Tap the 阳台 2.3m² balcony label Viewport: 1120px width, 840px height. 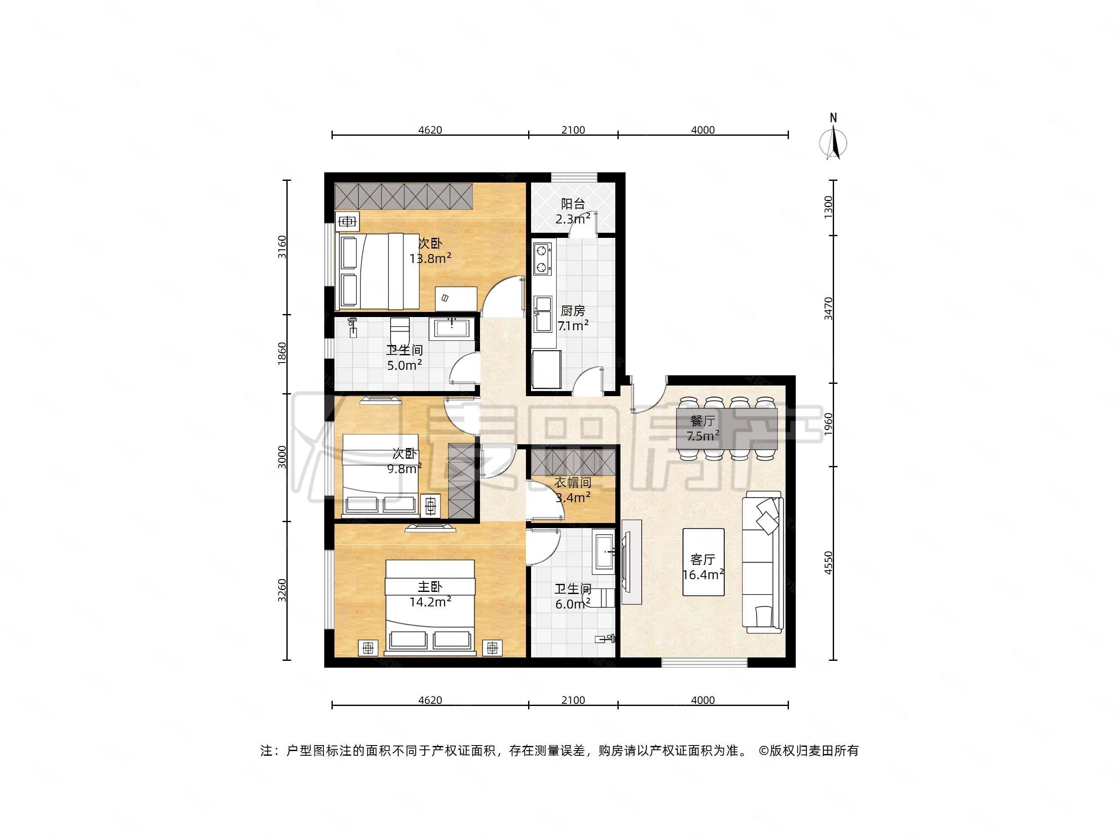[573, 211]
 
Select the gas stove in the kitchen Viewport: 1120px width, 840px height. [542, 259]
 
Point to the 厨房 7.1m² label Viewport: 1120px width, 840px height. [573, 318]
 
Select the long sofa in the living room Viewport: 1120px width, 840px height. [762, 562]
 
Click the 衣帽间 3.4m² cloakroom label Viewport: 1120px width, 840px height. [573, 490]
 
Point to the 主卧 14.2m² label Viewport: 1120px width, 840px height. [430, 594]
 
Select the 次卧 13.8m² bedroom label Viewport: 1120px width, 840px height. [430, 251]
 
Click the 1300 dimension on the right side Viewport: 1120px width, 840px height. [829, 207]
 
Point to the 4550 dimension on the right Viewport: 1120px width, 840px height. [829, 563]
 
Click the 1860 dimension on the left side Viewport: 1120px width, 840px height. [282, 353]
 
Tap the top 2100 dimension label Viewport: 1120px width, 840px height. [573, 130]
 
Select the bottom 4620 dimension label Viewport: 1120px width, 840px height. [430, 700]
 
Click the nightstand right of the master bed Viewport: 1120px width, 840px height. [492, 648]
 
